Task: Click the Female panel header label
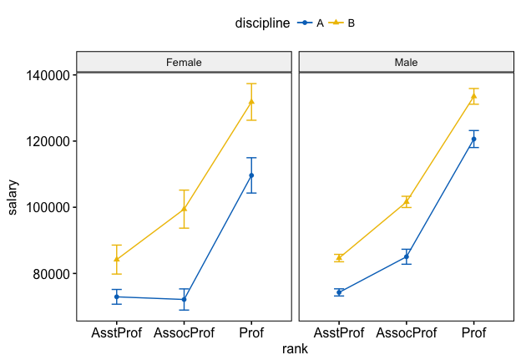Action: pyautogui.click(x=184, y=62)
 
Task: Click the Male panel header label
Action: pyautogui.click(x=407, y=62)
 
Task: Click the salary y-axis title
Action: pyautogui.click(x=14, y=196)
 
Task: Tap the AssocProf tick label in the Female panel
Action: pyautogui.click(x=184, y=333)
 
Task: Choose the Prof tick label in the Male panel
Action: pyautogui.click(x=473, y=333)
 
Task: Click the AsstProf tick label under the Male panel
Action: pyautogui.click(x=339, y=333)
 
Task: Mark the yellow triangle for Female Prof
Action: pyautogui.click(x=251, y=102)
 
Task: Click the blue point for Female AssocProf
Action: pyautogui.click(x=184, y=299)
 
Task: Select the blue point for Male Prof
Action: pyautogui.click(x=473, y=139)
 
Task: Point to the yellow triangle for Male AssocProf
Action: pyautogui.click(x=407, y=201)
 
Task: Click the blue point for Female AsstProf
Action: pyautogui.click(x=117, y=297)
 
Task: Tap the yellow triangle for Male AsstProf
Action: pyautogui.click(x=339, y=257)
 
